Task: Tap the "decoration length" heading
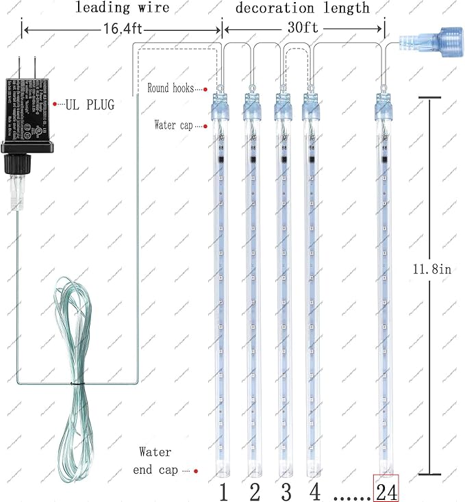pos(303,8)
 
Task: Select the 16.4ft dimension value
pos(122,32)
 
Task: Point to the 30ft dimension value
pos(303,32)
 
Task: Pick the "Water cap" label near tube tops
pos(176,125)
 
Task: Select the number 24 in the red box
pos(386,490)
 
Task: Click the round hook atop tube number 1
pos(221,87)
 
